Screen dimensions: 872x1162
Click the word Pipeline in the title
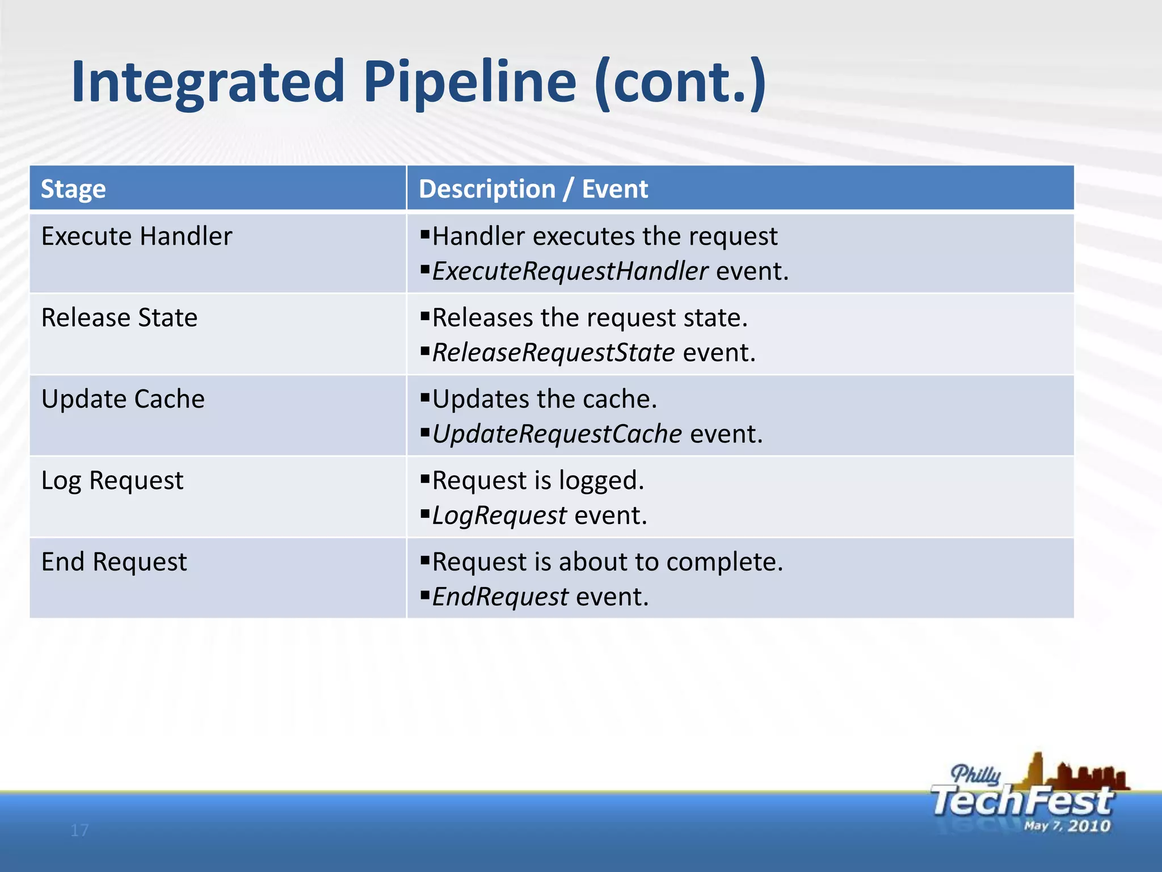coord(469,83)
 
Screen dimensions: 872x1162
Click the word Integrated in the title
coord(208,83)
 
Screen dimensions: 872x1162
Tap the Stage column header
coord(73,189)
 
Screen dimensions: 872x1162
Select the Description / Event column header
coord(533,189)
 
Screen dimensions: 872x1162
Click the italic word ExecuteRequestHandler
coord(570,271)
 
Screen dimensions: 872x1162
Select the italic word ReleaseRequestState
coord(553,353)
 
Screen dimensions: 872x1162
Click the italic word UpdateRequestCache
coord(557,434)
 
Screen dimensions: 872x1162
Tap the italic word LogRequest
coord(499,515)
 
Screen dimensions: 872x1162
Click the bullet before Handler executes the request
coord(425,233)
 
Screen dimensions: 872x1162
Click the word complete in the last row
coord(723,562)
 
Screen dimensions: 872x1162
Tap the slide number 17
coord(79,831)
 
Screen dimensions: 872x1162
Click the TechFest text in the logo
coord(1021,801)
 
